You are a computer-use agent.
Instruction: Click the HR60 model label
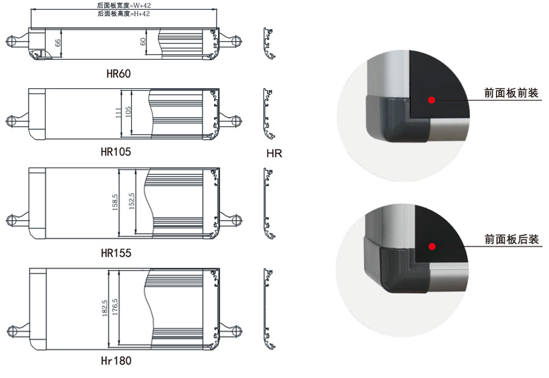pos(118,74)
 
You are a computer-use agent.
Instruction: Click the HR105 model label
pos(116,151)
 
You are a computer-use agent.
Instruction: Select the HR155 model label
pos(116,252)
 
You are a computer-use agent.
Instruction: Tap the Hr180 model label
pos(116,360)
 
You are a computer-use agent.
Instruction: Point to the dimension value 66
pos(58,43)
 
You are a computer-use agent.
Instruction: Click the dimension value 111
pos(118,113)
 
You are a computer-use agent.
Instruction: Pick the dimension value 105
pos(128,113)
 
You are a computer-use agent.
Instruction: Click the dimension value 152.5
pos(131,201)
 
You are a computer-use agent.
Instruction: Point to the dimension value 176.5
pos(115,308)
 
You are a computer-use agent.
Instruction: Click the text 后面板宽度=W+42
pos(124,5)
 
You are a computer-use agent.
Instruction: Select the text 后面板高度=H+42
pos(124,13)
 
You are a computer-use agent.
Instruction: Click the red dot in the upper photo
pos(431,99)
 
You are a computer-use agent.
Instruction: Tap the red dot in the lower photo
pos(432,246)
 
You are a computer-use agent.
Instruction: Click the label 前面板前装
pos(512,93)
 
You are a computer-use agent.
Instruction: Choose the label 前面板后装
pos(512,240)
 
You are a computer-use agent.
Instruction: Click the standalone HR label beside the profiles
pos(274,154)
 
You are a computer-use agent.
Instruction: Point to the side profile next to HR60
pos(268,44)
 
